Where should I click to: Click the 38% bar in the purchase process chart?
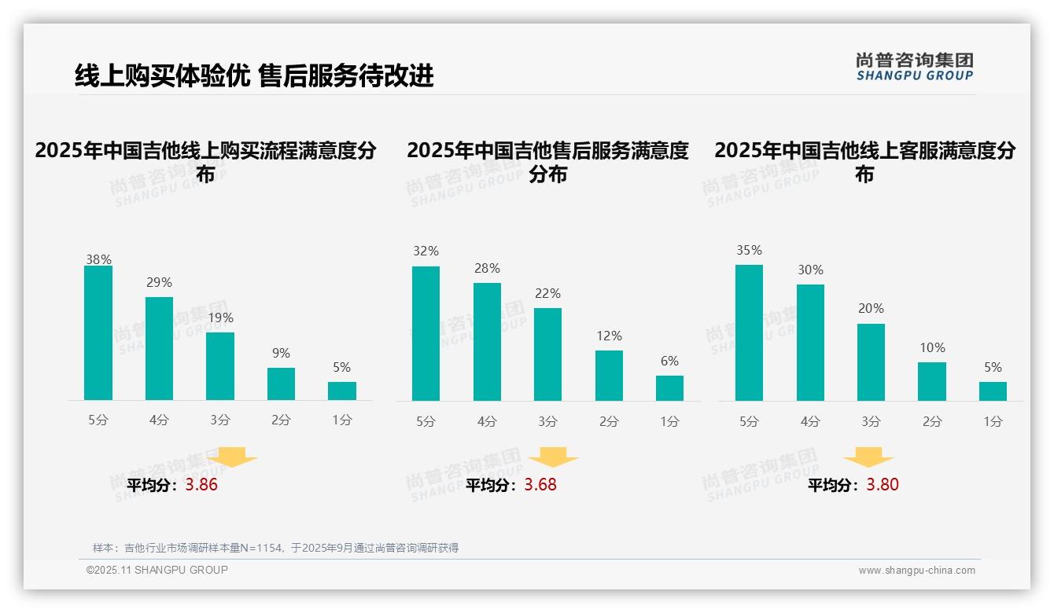[98, 333]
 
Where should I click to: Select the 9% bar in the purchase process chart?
[281, 384]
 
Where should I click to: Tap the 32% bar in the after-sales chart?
[426, 333]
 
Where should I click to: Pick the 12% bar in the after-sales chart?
[609, 376]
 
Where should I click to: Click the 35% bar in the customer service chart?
[749, 332]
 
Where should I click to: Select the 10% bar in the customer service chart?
[932, 381]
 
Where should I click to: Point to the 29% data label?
[159, 282]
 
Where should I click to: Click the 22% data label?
[547, 293]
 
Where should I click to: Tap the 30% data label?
[810, 270]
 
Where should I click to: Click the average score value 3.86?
[201, 485]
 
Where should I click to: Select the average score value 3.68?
[540, 485]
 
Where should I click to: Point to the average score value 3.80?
[883, 485]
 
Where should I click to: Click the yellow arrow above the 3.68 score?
[553, 457]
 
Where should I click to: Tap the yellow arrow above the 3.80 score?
[868, 457]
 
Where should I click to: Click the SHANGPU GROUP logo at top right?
[914, 67]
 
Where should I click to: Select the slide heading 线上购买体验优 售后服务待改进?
[254, 75]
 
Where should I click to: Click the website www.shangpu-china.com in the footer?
[916, 571]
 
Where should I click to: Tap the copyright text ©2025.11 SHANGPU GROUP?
[157, 570]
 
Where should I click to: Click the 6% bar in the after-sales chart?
[669, 388]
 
